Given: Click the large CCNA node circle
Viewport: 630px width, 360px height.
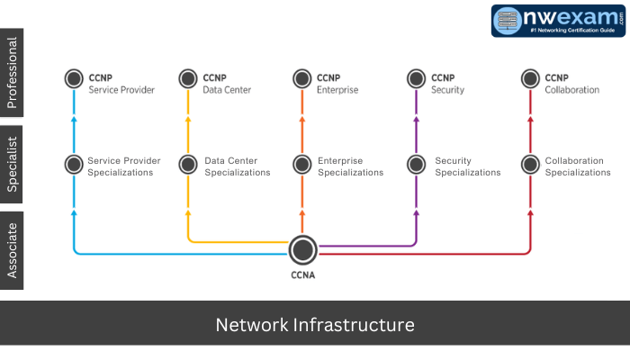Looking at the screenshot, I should [x=303, y=249].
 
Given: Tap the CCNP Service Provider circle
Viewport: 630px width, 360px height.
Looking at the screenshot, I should [x=74, y=79].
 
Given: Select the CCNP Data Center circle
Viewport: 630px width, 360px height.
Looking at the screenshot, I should [x=188, y=79].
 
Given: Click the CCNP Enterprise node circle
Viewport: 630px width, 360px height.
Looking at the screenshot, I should [x=302, y=79].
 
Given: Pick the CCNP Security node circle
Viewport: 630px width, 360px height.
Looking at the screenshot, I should [x=416, y=79].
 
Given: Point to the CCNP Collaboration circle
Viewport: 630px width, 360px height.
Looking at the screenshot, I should [x=530, y=79].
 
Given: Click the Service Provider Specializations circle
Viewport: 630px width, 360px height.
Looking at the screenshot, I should [x=74, y=165].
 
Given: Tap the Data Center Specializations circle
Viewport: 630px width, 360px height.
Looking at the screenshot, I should [x=188, y=165].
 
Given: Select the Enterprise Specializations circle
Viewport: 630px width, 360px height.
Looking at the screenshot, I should [x=302, y=165].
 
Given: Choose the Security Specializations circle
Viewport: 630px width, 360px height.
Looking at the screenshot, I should [x=416, y=165].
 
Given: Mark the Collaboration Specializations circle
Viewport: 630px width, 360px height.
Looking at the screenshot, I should [x=530, y=165].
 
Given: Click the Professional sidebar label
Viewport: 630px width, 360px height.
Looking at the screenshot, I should [x=13, y=73].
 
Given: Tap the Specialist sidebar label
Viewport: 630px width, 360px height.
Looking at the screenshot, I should [x=13, y=164].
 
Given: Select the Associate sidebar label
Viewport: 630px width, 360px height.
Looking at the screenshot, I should [x=13, y=250].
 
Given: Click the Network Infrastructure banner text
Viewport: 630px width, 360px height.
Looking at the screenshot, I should [x=315, y=324].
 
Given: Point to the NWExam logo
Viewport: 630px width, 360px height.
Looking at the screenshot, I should [x=559, y=21].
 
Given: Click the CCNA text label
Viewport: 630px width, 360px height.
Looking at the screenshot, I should [x=303, y=276].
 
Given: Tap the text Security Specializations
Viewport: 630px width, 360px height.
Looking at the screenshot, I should [x=467, y=166].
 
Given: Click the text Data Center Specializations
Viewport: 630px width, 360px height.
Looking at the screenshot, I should [x=237, y=166].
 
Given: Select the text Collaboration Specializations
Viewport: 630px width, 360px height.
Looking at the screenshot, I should [x=578, y=166].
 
